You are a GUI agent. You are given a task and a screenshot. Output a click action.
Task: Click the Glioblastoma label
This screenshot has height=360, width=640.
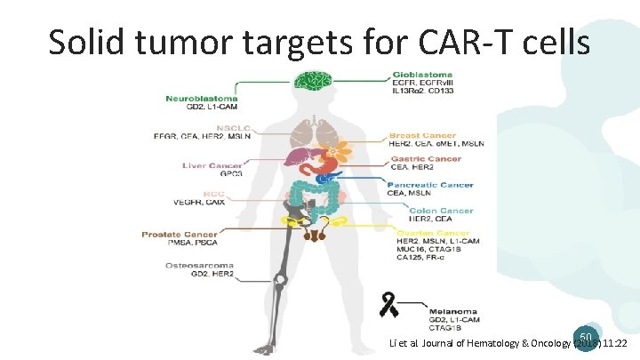click(422, 74)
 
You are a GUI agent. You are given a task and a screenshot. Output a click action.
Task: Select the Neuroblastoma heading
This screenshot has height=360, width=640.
click(200, 97)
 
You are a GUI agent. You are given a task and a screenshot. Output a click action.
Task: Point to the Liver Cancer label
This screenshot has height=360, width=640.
click(212, 165)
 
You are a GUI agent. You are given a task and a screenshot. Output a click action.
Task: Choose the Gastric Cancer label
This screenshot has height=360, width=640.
click(425, 159)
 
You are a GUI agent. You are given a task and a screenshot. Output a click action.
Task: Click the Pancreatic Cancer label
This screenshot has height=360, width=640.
click(430, 185)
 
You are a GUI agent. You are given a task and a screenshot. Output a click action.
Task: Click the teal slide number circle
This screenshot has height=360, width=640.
click(585, 338)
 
